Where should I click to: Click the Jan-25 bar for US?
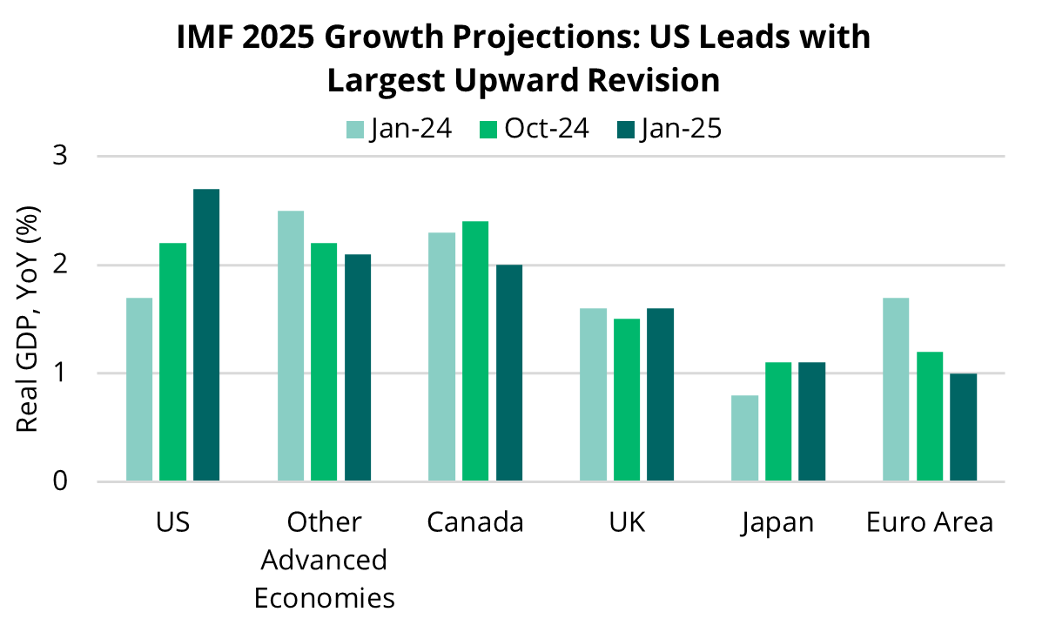(206, 335)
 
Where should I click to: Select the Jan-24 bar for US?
(139, 389)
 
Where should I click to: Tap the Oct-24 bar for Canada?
(475, 351)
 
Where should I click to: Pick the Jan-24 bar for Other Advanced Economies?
(291, 346)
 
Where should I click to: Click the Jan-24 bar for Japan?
(744, 438)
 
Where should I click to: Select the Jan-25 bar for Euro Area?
(963, 427)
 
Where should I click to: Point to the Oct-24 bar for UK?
(627, 400)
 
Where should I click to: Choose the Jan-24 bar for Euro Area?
(896, 389)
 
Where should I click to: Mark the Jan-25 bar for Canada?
(509, 373)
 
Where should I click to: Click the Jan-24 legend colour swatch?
(355, 130)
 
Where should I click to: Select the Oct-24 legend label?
(547, 129)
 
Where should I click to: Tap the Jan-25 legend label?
(682, 129)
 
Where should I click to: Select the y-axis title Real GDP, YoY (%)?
(28, 318)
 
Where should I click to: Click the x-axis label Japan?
(777, 522)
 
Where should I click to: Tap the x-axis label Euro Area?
(929, 522)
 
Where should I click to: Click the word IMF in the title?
(208, 39)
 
